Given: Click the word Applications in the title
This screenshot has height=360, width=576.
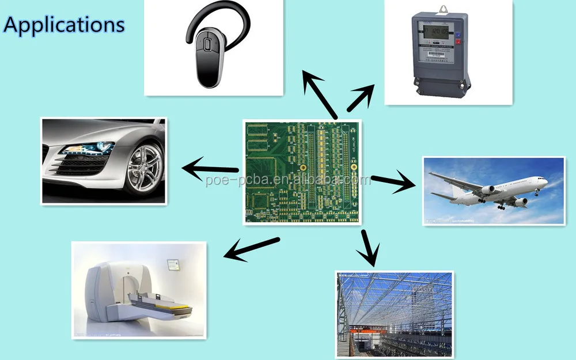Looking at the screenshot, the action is (64, 25).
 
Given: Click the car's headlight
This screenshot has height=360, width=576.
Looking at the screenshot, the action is (86, 149).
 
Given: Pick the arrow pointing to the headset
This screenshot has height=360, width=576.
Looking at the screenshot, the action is (320, 95).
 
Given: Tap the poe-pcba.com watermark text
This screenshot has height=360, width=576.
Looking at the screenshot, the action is (288, 180).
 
